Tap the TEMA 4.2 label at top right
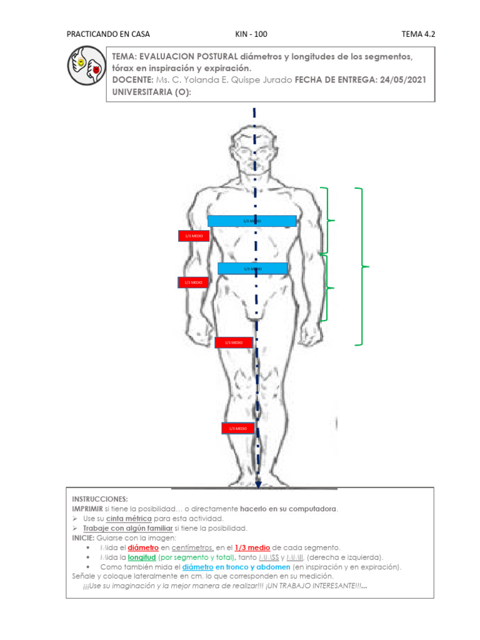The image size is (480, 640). point(418,34)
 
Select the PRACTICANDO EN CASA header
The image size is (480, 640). point(108,34)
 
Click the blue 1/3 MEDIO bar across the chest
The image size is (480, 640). point(252,221)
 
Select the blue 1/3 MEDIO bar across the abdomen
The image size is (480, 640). point(252,269)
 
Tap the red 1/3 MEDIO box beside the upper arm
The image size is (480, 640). point(193,236)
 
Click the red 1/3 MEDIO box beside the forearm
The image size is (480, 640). point(192,282)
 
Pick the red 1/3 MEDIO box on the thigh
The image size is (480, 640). point(234,342)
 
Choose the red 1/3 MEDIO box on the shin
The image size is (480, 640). point(237,428)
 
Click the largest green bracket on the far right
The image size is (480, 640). point(361,266)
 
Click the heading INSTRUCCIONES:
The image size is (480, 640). point(100,499)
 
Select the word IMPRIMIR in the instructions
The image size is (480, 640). point(86,509)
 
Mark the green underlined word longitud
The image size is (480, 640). point(141,557)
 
